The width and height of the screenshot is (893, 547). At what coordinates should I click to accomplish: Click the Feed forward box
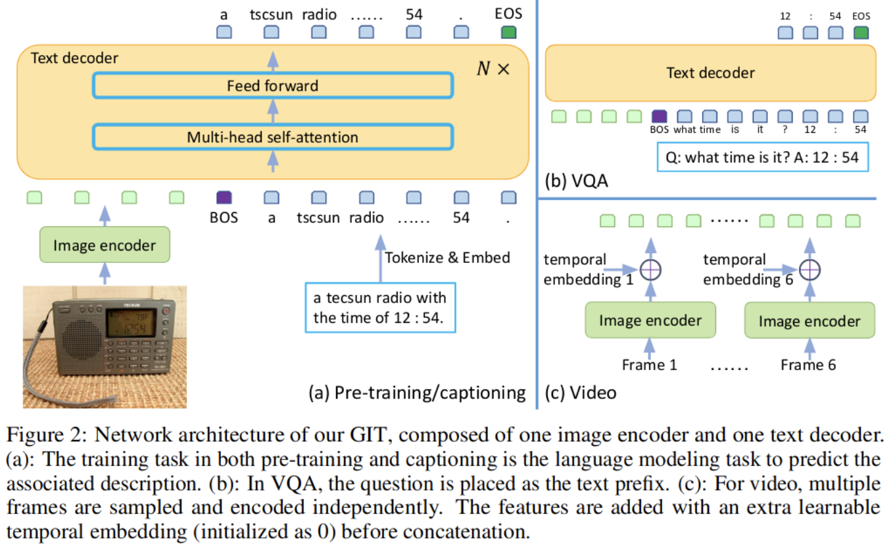pos(273,85)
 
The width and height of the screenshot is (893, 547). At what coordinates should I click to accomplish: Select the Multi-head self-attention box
pos(273,137)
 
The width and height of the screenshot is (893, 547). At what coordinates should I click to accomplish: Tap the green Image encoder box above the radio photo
pos(105,245)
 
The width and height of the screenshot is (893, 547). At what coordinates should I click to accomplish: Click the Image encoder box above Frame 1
pos(650,320)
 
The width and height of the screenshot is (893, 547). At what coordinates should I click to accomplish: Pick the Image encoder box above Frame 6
pos(809,321)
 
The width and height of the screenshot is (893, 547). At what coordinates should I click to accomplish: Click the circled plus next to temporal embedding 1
pos(650,270)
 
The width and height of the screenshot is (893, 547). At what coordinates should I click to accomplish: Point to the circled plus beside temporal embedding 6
pos(810,270)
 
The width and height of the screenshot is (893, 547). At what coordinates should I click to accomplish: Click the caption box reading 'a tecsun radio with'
pos(380,308)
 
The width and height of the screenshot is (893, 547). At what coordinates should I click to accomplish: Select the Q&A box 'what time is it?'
pos(763,157)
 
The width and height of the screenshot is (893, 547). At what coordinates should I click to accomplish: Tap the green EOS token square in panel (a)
pos(509,32)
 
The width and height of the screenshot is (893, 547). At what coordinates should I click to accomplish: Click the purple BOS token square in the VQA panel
pos(660,116)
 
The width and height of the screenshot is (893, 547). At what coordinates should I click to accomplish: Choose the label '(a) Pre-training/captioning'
pos(417,392)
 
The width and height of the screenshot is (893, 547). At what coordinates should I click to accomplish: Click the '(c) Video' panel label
pos(581,392)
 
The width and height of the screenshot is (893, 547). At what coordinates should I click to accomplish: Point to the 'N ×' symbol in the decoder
pos(493,68)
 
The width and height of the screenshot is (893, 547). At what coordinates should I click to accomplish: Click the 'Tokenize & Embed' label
pos(447,258)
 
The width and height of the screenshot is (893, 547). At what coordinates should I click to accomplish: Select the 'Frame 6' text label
pos(808,365)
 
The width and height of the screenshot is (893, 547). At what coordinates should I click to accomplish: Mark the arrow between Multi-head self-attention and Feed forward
pos(273,111)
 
